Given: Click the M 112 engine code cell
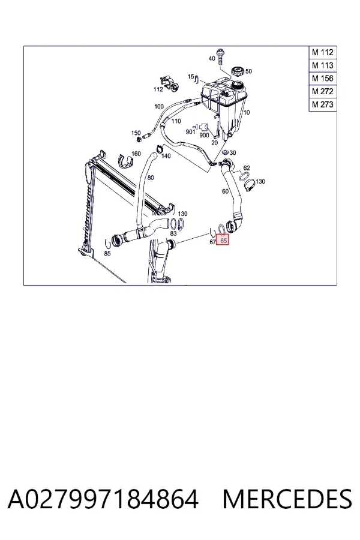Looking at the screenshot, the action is (322, 52).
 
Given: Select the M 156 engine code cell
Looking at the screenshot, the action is (322, 79).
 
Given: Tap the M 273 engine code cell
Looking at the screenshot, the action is (322, 104).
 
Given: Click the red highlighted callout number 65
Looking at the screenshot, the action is (223, 241).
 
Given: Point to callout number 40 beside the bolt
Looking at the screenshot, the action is (212, 59).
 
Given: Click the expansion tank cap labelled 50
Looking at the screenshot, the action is (237, 71).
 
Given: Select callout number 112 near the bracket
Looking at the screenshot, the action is (158, 89).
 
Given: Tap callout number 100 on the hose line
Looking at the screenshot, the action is (159, 106).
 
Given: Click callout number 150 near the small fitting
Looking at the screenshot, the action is (136, 133).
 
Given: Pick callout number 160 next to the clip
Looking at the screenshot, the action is (136, 154).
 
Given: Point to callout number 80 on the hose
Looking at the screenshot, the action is (151, 178).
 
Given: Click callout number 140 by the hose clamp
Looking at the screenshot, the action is (166, 156).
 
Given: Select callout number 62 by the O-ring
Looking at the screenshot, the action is (247, 168).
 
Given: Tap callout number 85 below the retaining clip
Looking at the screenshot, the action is (107, 253).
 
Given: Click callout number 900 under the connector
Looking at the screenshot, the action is (204, 135).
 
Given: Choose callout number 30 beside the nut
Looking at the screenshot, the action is (233, 153).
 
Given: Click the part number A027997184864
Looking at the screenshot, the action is (103, 499).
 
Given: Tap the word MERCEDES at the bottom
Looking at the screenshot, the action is (287, 499).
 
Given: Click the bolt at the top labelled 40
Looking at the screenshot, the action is (220, 57).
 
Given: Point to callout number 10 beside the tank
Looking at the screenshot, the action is (247, 113).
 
